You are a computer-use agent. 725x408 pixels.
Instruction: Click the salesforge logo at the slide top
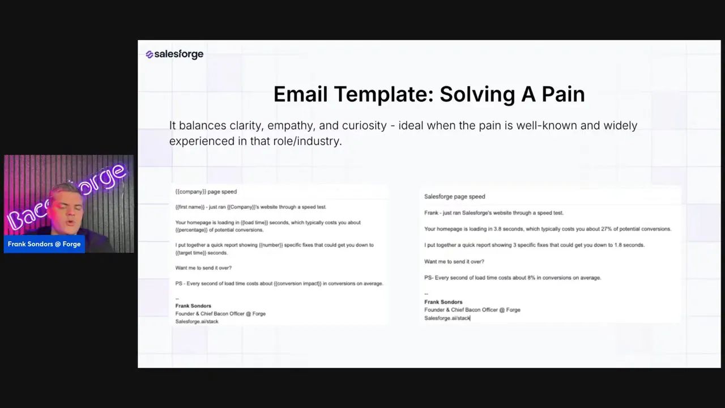174,54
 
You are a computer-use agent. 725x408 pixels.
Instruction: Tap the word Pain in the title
563,94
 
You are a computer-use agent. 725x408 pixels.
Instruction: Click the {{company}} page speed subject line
206,192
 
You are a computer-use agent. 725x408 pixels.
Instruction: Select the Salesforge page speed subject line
454,197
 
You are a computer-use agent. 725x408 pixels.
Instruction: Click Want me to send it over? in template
203,268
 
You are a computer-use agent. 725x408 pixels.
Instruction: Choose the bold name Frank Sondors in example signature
443,302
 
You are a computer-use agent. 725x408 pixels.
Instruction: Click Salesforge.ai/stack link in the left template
197,321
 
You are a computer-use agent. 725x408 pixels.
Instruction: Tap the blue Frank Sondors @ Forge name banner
44,244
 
